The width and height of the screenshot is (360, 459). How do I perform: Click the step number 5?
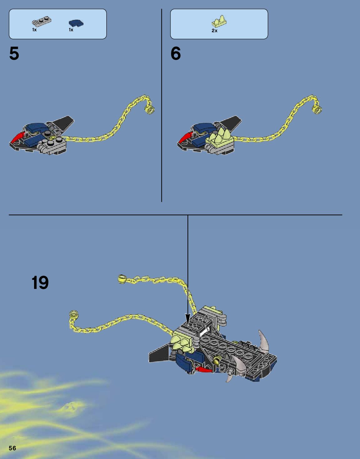[14, 53]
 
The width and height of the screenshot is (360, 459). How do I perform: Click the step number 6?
[175, 53]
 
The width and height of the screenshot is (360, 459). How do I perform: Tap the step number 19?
[40, 282]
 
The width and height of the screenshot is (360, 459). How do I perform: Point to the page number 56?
[12, 448]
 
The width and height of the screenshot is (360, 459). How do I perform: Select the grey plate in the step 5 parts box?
[42, 22]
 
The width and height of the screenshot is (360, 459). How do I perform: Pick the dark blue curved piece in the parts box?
[76, 23]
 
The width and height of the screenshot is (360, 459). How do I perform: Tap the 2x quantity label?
[215, 31]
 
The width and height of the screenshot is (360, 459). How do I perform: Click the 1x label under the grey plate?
[34, 30]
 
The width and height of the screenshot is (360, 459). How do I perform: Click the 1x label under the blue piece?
[71, 30]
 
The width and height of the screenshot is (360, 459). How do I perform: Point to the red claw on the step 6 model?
[185, 137]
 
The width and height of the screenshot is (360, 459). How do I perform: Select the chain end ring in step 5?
[150, 110]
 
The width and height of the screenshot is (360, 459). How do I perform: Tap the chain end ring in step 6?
[317, 109]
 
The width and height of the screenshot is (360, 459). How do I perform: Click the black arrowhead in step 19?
[188, 319]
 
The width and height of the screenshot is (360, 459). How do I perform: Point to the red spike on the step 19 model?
[204, 369]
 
